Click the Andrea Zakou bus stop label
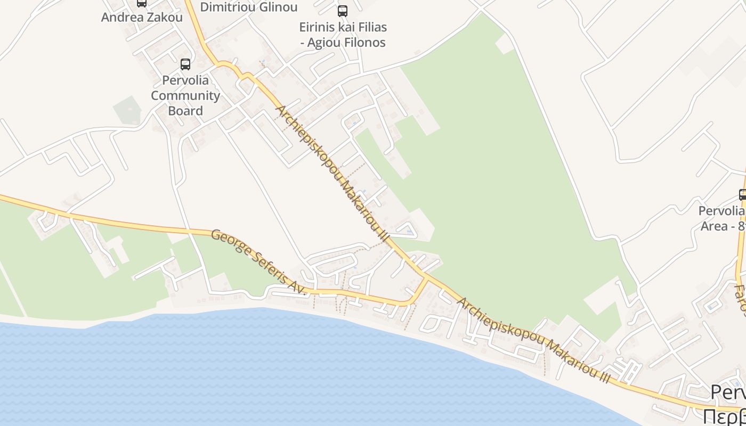142,17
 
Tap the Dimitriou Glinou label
248,7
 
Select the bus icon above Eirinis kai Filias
343,11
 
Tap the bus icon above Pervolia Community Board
185,64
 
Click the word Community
185,96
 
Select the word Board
185,111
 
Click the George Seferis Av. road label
259,262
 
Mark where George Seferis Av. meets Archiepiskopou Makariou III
427,277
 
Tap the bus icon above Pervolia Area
742,195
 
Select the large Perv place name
728,393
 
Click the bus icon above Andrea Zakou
142,3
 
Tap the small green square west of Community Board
127,110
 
